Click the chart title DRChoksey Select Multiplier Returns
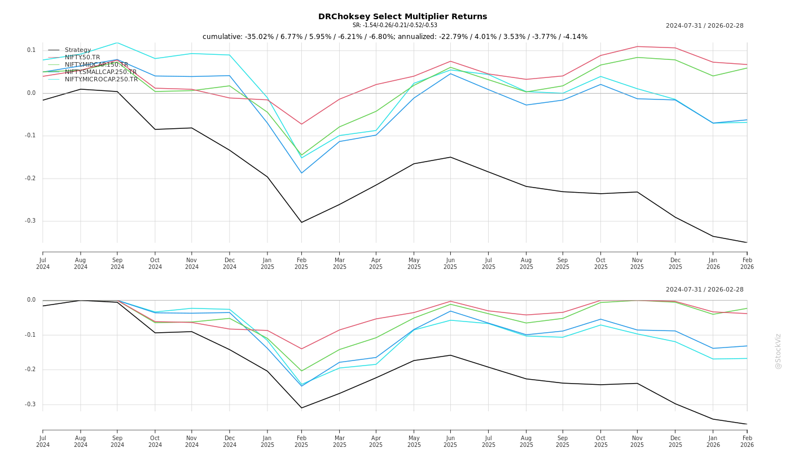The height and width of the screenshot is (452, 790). tap(402, 16)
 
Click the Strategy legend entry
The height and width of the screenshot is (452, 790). tap(77, 50)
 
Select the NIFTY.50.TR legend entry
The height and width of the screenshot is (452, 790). tap(82, 57)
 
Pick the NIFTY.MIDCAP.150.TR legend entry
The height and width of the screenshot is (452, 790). tap(96, 64)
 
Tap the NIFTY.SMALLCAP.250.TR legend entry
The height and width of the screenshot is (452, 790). tap(100, 72)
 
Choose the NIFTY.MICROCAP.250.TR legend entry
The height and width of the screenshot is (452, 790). tap(101, 79)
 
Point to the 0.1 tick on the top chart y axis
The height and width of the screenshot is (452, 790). tap(31, 50)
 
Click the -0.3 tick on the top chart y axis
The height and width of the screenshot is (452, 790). tap(30, 221)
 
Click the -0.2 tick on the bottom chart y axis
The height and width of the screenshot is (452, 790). tap(30, 370)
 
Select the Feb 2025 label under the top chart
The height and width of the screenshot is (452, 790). tap(301, 264)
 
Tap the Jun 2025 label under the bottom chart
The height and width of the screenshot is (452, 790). tap(450, 441)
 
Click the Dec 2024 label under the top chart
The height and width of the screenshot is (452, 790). tap(230, 264)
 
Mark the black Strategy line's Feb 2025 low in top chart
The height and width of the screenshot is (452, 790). tap(301, 222)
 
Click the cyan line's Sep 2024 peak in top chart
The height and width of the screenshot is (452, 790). tap(117, 42)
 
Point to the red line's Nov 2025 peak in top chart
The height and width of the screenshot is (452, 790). tap(637, 46)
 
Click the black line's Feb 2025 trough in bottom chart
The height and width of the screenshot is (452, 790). tap(301, 408)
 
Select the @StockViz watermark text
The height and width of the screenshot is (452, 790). tap(778, 351)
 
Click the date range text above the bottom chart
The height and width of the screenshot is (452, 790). tap(704, 289)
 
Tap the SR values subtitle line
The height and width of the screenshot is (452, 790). tap(394, 25)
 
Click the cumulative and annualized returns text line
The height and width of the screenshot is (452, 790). tap(394, 37)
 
